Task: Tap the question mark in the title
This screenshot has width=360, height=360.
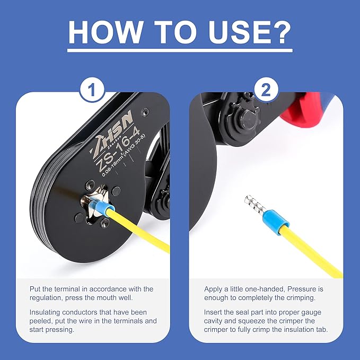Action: click(279, 32)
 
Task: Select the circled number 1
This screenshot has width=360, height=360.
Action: click(92, 90)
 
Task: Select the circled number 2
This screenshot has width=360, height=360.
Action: click(266, 90)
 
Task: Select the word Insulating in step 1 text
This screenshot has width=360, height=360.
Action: click(45, 312)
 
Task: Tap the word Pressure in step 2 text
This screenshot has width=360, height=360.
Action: click(300, 289)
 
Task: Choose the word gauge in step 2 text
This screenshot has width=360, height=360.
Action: click(310, 313)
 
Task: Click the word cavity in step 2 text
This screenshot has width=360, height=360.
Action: click(213, 321)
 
